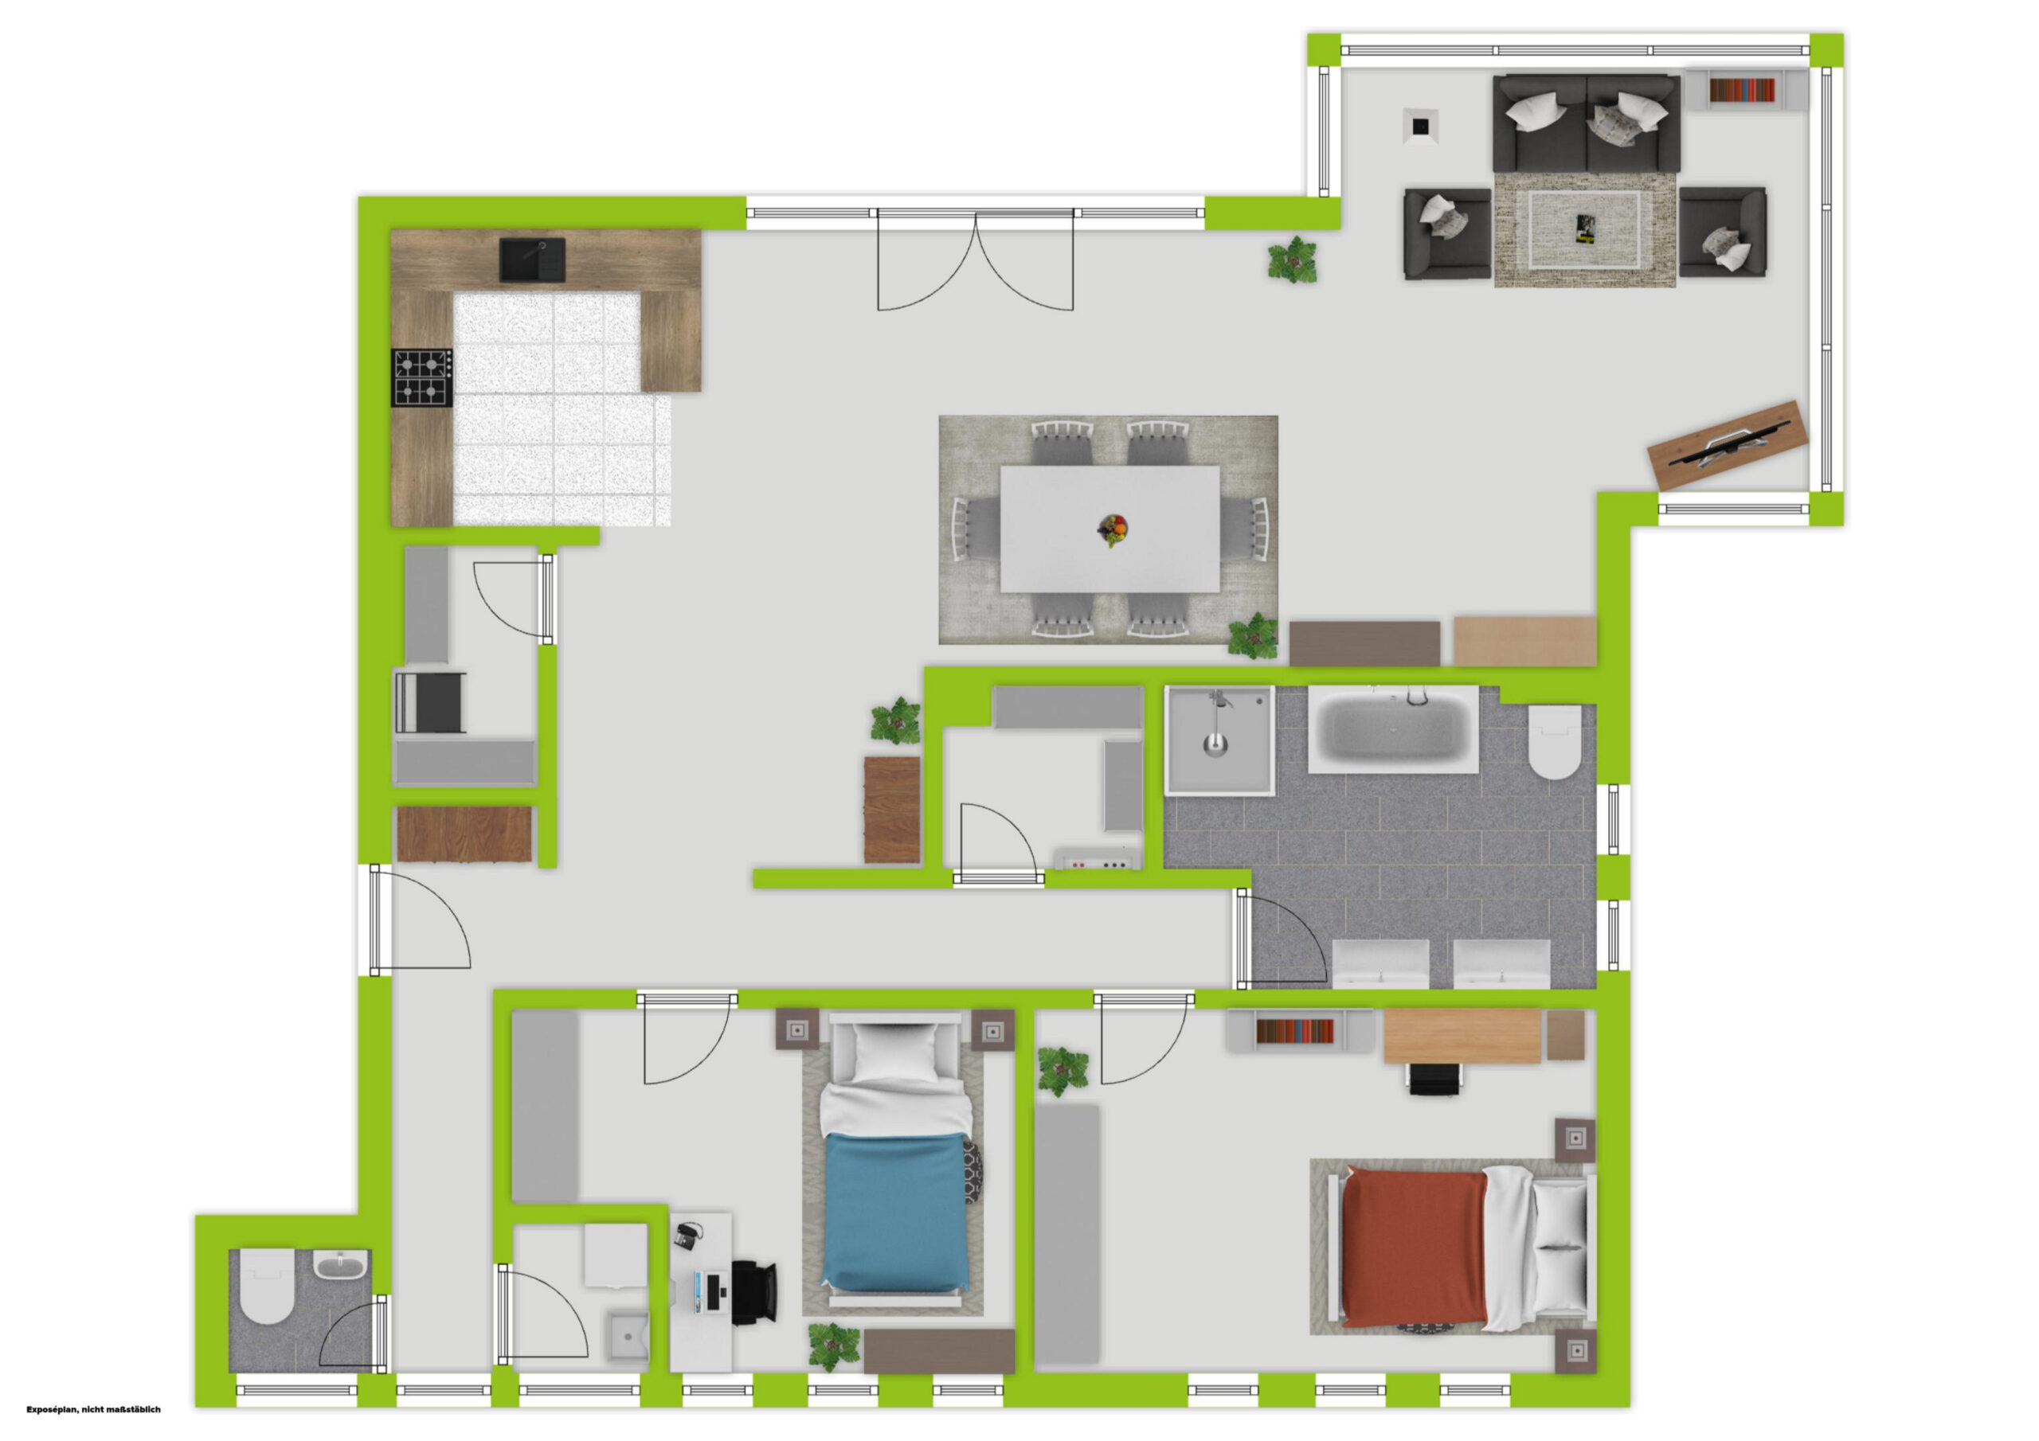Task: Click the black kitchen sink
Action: point(532,260)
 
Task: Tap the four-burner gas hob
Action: point(422,377)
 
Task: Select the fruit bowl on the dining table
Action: point(1113,529)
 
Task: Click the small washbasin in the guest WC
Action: point(341,1264)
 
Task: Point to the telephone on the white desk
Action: point(687,1236)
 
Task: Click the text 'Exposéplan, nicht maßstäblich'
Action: point(93,1409)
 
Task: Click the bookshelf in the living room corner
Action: point(1744,91)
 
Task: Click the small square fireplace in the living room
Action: point(1421,125)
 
